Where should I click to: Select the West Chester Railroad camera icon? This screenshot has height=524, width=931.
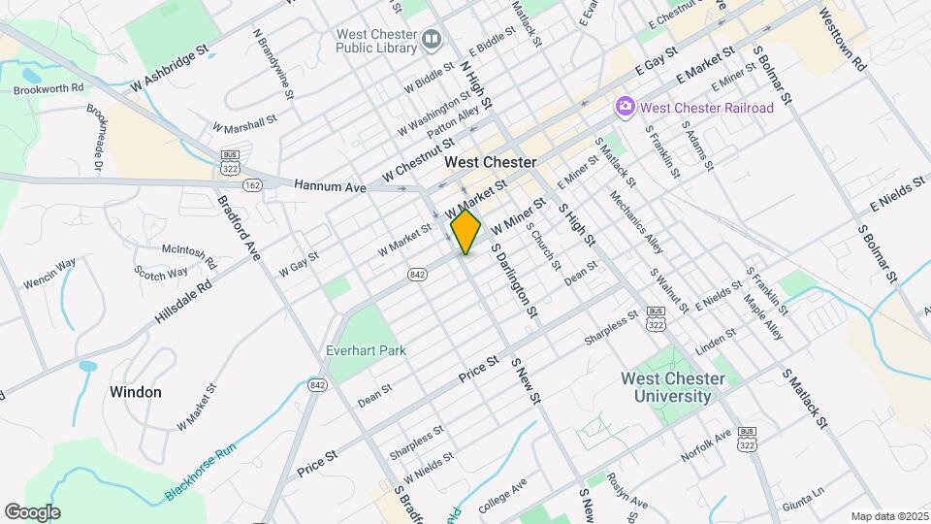tap(626, 107)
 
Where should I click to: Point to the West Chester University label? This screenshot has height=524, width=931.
tap(673, 387)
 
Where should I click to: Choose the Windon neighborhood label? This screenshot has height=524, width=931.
tap(136, 392)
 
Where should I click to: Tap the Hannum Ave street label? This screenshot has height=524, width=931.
tap(330, 185)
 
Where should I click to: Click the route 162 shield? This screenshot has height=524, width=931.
tap(252, 184)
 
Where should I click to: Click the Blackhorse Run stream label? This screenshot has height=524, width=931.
tap(201, 471)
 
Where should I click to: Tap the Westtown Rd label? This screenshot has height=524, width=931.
tap(841, 41)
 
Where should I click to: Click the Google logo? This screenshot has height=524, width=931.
tap(32, 511)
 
